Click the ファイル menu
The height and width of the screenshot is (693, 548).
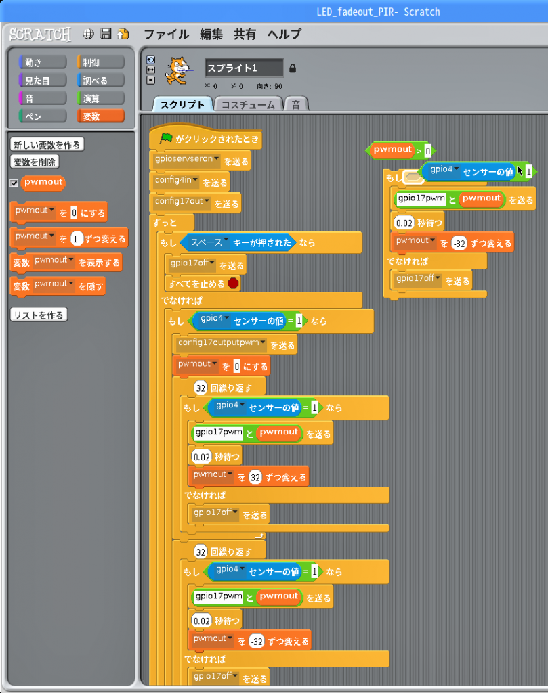click(167, 34)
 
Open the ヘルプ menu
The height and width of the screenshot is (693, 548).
click(284, 34)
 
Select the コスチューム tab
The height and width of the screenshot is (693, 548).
click(248, 105)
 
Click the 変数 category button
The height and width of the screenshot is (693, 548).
click(100, 116)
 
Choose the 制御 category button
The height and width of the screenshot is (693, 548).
click(100, 62)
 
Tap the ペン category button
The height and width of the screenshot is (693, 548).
click(43, 116)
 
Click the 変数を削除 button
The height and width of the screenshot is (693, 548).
click(35, 162)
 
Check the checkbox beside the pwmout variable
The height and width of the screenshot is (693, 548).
click(14, 183)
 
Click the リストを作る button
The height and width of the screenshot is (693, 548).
click(39, 315)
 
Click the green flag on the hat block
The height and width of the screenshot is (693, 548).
click(166, 138)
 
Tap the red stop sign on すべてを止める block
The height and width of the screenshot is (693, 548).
click(233, 283)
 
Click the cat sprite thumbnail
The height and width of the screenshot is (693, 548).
click(177, 70)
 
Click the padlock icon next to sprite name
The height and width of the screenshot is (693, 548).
click(293, 68)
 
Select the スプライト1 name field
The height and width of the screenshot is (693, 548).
click(244, 68)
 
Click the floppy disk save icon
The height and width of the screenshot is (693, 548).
click(106, 34)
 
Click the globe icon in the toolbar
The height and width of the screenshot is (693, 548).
click(89, 34)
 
